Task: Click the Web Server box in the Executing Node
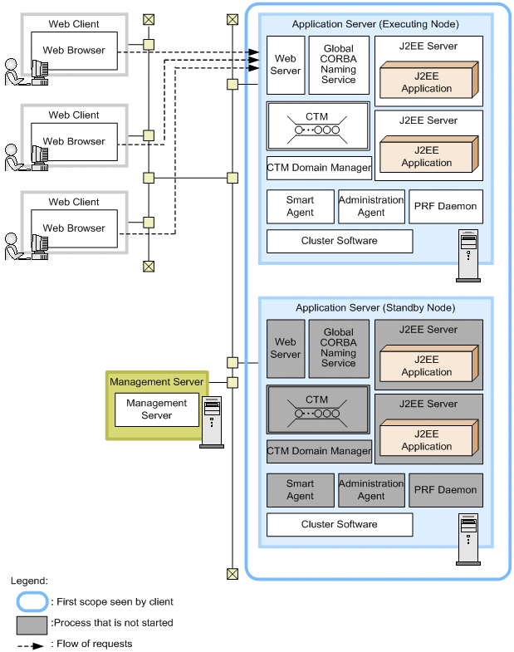[x=286, y=65]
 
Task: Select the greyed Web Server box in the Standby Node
[x=286, y=348]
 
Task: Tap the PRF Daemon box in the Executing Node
[x=445, y=206]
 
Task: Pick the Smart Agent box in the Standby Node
[x=300, y=490]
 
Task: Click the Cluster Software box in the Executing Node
[x=339, y=241]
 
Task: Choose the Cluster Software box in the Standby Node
[x=339, y=525]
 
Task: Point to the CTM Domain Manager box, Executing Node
[x=319, y=168]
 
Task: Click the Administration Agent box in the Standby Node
[x=371, y=490]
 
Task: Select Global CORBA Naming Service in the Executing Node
[x=338, y=65]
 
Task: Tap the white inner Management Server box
[x=156, y=409]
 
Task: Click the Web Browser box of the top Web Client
[x=74, y=51]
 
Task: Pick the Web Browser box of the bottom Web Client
[x=74, y=228]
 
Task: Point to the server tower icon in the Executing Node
[x=469, y=248]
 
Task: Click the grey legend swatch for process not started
[x=32, y=623]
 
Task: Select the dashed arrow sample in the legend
[x=32, y=645]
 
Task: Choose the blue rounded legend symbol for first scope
[x=32, y=601]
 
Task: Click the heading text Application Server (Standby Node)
[x=375, y=308]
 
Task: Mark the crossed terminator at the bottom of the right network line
[x=232, y=574]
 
